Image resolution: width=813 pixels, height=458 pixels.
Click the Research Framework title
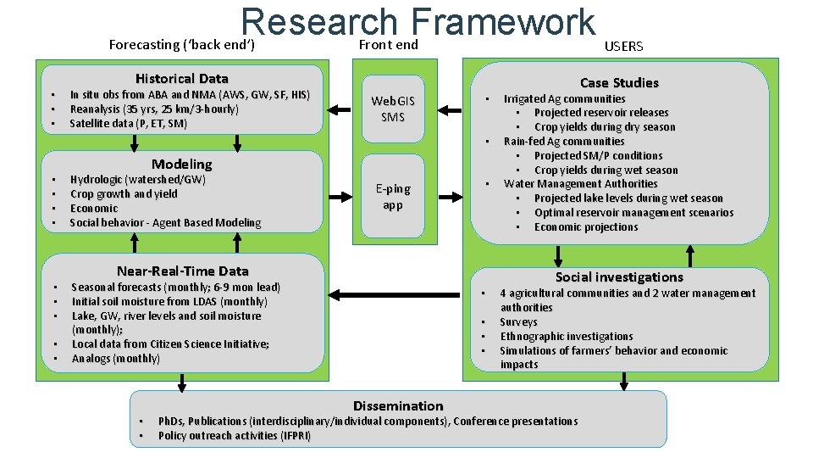click(x=418, y=24)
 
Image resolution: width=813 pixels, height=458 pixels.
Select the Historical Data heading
click(x=182, y=78)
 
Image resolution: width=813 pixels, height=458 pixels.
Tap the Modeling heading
click(x=182, y=164)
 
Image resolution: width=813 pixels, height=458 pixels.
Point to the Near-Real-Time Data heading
click(x=182, y=271)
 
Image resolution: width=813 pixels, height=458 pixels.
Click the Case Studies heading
click(x=619, y=82)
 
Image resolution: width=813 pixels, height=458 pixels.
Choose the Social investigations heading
click(x=619, y=276)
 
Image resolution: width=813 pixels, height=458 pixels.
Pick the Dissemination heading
click(x=398, y=405)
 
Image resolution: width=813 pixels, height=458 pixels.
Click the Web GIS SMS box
click(x=393, y=109)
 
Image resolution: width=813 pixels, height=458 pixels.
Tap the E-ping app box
click(x=393, y=197)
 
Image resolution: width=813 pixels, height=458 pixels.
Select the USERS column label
click(x=623, y=47)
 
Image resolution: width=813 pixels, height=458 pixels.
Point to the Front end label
click(x=389, y=44)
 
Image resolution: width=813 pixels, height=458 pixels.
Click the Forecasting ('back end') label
click(x=182, y=44)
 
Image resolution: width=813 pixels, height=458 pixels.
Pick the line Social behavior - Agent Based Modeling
click(x=165, y=222)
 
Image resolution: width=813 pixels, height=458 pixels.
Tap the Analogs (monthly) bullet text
click(x=116, y=359)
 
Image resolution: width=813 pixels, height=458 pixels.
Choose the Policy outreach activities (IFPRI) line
click(x=235, y=436)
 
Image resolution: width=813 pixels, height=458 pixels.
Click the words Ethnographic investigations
click(x=567, y=336)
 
